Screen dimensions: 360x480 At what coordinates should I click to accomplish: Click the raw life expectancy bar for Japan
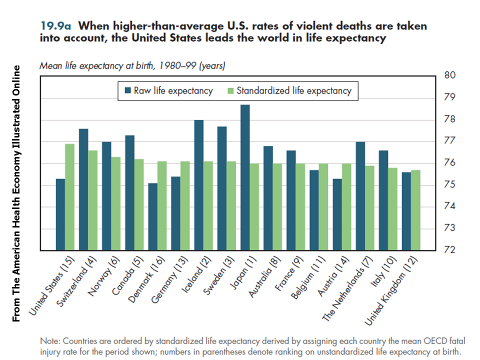tap(245, 177)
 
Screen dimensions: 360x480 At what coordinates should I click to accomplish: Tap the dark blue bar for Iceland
tap(199, 185)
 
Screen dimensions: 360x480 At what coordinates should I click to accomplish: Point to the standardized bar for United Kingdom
tap(415, 210)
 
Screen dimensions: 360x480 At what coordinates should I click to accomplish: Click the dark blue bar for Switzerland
tap(84, 189)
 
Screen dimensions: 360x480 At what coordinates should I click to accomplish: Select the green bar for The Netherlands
tap(369, 208)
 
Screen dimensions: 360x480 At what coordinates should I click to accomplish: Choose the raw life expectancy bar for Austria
tap(337, 214)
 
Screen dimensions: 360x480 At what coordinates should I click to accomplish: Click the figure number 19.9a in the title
tap(55, 25)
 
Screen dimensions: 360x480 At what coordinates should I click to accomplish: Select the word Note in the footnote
tap(49, 340)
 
